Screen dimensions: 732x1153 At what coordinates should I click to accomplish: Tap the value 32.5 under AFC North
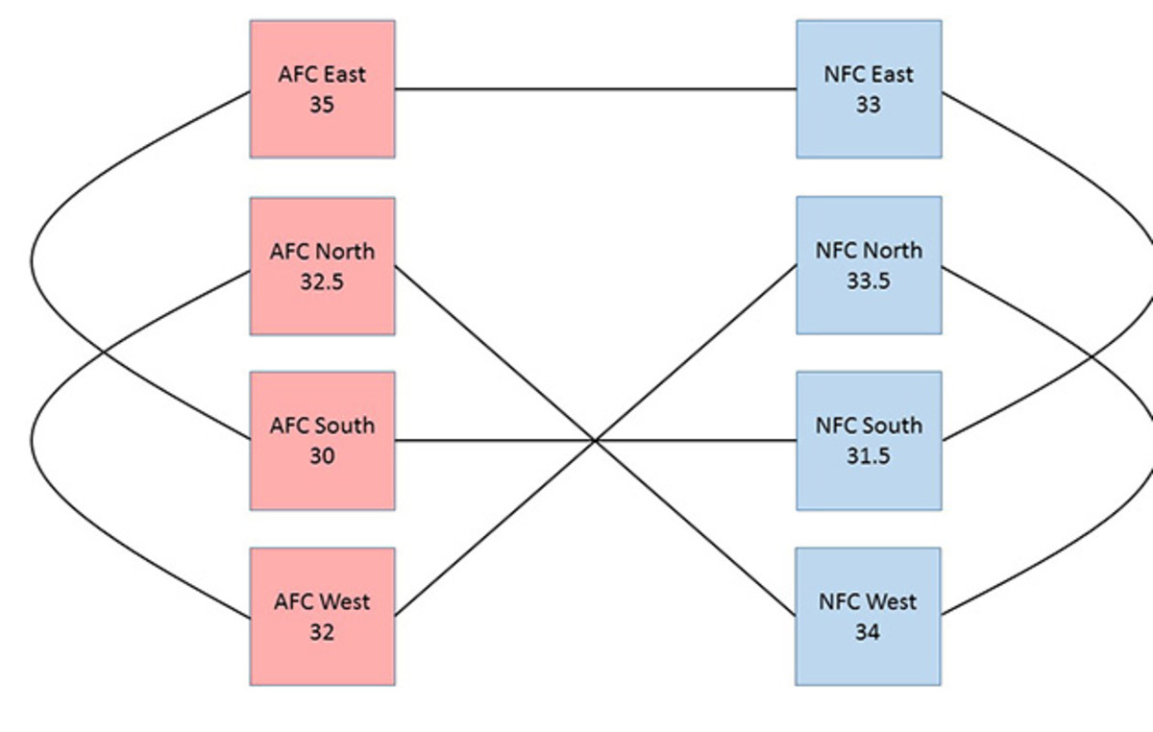coord(322,281)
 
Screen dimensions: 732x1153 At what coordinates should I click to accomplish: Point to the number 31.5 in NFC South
coord(868,455)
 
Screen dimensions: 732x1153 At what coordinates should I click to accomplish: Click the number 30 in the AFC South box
coord(322,455)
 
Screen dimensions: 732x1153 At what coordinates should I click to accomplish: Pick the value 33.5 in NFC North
coord(868,281)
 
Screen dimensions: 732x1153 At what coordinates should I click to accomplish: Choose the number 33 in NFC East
coord(868,105)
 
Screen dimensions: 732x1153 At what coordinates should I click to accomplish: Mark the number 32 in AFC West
coord(322,632)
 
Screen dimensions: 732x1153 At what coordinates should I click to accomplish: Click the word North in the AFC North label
coord(345,252)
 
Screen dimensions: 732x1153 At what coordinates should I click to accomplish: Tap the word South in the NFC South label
coord(891,426)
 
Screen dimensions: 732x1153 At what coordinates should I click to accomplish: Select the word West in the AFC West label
coord(345,602)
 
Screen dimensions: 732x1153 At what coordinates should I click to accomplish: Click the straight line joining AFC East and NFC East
coord(596,90)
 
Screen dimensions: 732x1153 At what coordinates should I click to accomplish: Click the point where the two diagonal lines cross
coord(596,441)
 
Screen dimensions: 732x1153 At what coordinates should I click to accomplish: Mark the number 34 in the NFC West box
coord(868,632)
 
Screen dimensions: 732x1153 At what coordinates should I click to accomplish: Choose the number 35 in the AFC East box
coord(322,105)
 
